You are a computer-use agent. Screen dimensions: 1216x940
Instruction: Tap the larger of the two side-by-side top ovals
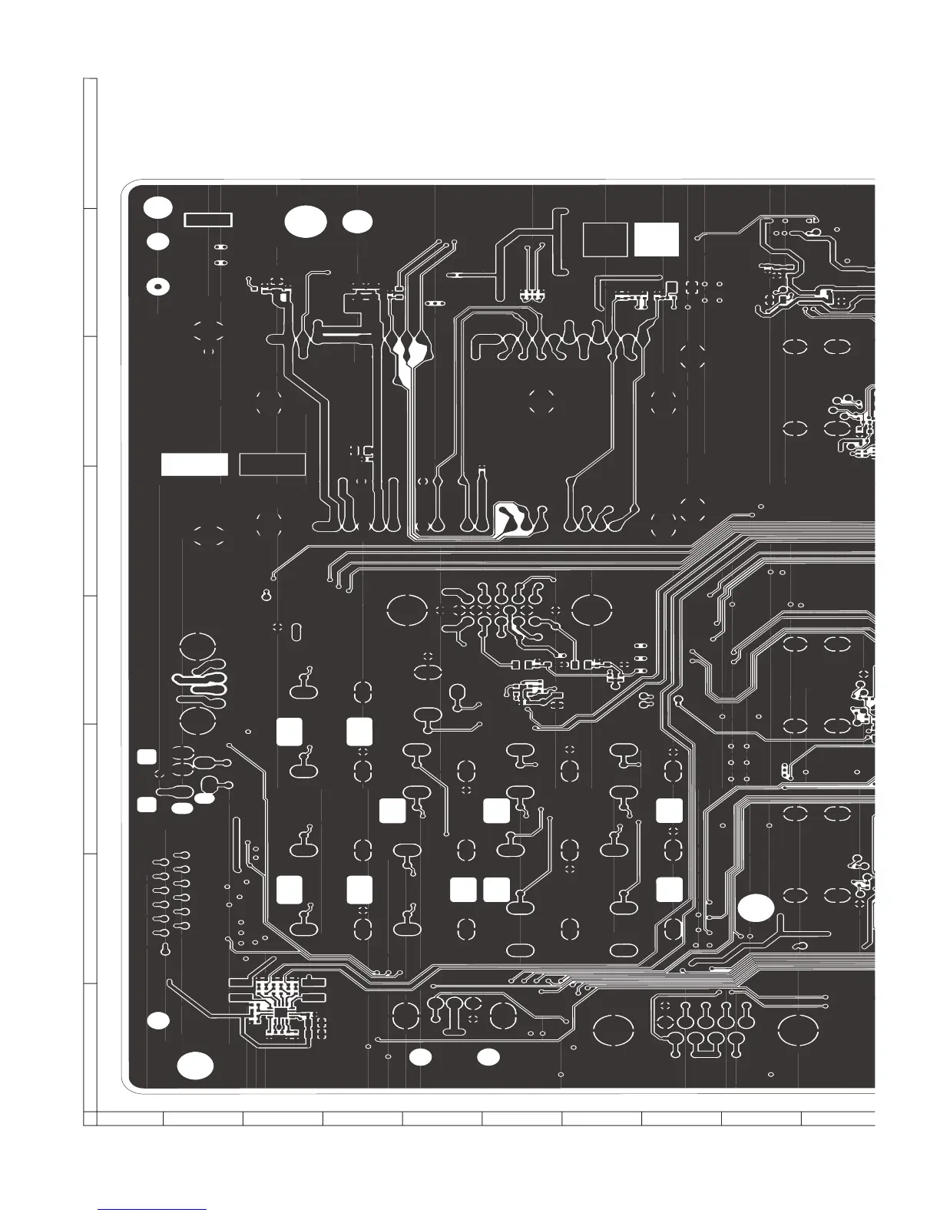click(x=306, y=221)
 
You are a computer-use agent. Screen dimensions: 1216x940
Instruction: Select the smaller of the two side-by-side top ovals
click(x=357, y=221)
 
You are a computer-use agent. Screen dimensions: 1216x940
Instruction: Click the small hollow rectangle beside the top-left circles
click(x=208, y=220)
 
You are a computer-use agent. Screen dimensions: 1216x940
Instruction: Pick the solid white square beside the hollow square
click(x=657, y=240)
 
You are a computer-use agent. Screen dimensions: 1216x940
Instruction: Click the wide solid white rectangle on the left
click(x=194, y=464)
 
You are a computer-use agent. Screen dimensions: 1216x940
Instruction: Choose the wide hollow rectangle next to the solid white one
click(x=273, y=464)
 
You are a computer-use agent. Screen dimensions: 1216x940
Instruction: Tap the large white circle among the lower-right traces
click(x=756, y=907)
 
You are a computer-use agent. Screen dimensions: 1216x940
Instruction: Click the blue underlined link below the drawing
click(x=153, y=1210)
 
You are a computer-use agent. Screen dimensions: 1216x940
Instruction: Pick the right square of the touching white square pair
click(x=496, y=889)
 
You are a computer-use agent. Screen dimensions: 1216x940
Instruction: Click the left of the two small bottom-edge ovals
click(x=420, y=1057)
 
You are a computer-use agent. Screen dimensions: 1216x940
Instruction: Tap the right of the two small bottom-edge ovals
click(x=488, y=1057)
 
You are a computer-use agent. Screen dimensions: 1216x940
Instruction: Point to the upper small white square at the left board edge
click(x=147, y=756)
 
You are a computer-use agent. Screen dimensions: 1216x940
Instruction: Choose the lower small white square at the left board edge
click(x=147, y=805)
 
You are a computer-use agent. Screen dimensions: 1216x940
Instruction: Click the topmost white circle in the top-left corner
click(x=158, y=207)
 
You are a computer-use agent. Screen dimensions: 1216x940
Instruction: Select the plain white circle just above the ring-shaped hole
click(x=158, y=241)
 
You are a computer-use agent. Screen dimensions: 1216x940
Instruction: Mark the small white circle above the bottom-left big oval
click(x=158, y=1020)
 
